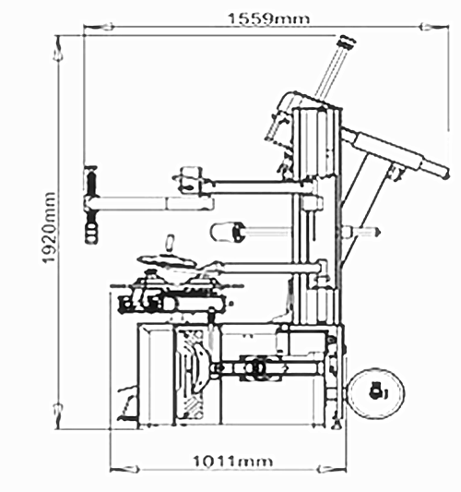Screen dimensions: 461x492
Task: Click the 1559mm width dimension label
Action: click(x=269, y=18)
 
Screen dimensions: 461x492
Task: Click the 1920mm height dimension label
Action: click(x=49, y=227)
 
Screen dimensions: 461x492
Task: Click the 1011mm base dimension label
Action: click(x=232, y=462)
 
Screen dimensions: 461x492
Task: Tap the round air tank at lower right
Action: click(x=376, y=393)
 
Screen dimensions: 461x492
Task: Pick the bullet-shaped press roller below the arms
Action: click(x=227, y=232)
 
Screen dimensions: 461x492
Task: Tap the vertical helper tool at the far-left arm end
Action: click(x=91, y=205)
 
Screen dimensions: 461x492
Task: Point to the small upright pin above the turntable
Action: click(x=171, y=243)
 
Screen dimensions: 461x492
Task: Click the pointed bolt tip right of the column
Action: click(x=377, y=232)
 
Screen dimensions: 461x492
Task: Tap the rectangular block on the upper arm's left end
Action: click(x=191, y=179)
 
